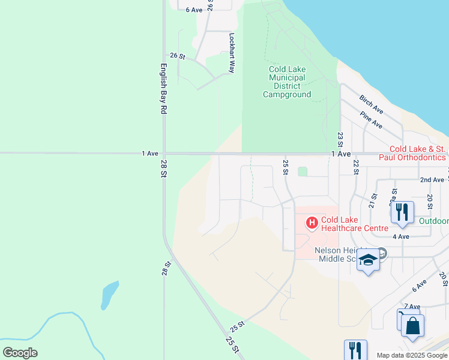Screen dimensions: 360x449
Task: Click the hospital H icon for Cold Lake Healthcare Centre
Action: pos(312,223)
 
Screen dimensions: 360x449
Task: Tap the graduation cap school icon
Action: pos(368,259)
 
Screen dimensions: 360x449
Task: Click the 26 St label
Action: pos(178,55)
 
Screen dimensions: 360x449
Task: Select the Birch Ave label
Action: pos(371,104)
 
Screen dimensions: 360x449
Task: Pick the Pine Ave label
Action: pos(371,120)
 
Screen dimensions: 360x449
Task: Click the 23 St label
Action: pos(340,139)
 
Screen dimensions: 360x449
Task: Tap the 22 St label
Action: pos(355,167)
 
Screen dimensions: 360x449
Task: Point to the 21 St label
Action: pos(373,200)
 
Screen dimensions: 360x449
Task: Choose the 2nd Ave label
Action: pos(432,179)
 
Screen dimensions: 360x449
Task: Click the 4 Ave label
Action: pos(400,236)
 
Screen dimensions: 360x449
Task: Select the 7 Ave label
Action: pos(412,306)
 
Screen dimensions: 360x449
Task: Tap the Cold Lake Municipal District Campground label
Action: pos(287,82)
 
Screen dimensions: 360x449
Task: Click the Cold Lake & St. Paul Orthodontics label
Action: pos(417,153)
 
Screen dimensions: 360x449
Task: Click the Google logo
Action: pos(20,353)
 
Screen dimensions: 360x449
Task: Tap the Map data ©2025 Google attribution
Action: pos(412,355)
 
